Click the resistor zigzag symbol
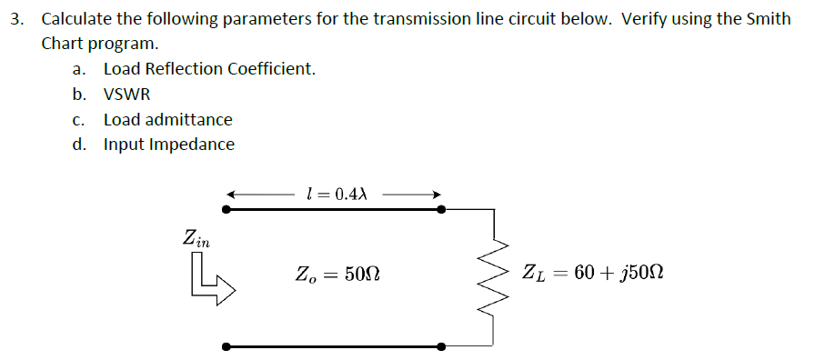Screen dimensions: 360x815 pyautogui.click(x=494, y=274)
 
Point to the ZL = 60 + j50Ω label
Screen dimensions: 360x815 pyautogui.click(x=592, y=273)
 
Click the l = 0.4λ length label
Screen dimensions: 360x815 pyautogui.click(x=337, y=193)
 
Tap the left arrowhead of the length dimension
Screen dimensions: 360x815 pyautogui.click(x=232, y=194)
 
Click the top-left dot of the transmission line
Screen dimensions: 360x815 pyautogui.click(x=226, y=209)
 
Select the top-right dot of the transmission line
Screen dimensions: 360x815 pyautogui.click(x=441, y=209)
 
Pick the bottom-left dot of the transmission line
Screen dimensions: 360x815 pyautogui.click(x=226, y=346)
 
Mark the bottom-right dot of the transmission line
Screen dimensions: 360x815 pyautogui.click(x=441, y=346)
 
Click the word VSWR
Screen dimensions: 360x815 pyautogui.click(x=126, y=94)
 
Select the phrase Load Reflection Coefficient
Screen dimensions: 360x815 pyautogui.click(x=209, y=69)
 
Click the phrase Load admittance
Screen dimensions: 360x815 pyautogui.click(x=167, y=119)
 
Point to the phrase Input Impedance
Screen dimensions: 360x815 pyautogui.click(x=168, y=145)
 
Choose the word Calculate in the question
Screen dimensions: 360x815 pyautogui.click(x=76, y=19)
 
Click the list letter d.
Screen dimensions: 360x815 pyautogui.click(x=80, y=145)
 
